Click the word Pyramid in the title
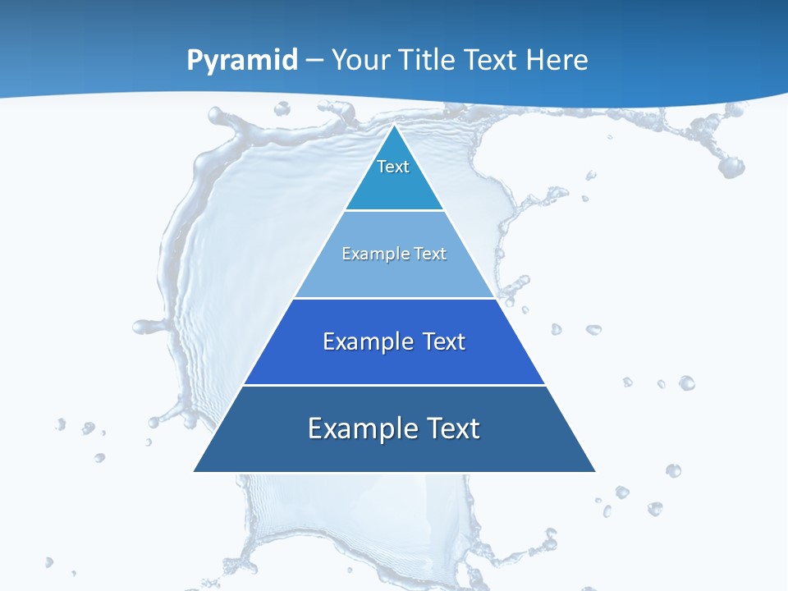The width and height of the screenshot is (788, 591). pos(241,61)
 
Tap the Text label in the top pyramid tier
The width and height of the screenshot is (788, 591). pos(393,167)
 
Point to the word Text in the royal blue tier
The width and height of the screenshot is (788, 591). pos(444,341)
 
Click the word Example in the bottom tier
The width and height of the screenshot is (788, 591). pos(359,428)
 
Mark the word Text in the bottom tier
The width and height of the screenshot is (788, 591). pos(451,428)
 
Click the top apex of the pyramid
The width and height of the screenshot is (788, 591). pos(394,126)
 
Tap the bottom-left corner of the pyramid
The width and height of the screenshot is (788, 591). pos(195,471)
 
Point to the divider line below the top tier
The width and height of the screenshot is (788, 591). pos(394,211)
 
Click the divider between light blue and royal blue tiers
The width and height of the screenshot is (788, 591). pos(394,298)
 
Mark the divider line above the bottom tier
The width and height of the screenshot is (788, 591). pos(394,385)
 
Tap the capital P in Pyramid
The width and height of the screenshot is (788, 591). pos(195,60)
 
